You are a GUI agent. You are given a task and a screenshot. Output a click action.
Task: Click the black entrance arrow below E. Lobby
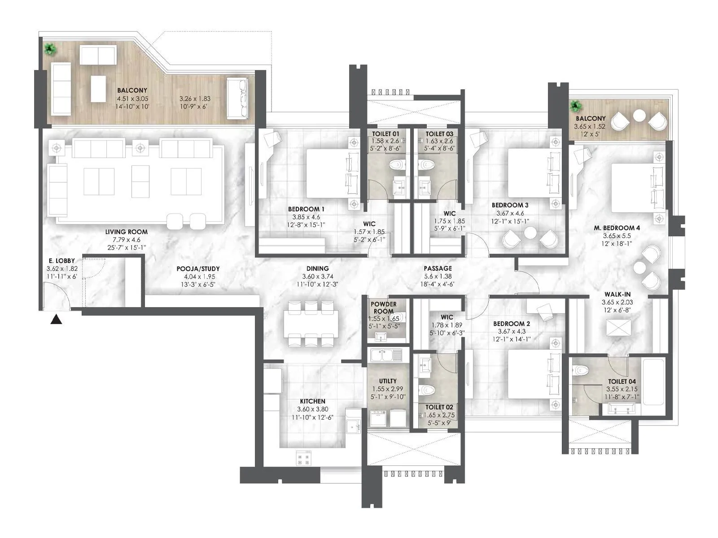56,320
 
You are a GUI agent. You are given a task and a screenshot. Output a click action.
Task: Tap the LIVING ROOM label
127,232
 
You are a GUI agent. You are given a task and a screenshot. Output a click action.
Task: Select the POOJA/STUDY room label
198,269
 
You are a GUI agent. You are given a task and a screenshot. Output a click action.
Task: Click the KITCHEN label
312,401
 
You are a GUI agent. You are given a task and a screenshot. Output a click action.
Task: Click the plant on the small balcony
575,107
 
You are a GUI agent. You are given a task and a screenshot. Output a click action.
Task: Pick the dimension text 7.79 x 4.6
127,240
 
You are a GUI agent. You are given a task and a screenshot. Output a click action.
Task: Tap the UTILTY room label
387,381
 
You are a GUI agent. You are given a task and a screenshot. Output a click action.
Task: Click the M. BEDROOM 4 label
617,228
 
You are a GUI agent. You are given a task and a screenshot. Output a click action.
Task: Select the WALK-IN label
617,295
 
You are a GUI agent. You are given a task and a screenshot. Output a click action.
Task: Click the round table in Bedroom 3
530,233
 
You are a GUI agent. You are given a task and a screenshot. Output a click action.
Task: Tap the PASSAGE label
438,269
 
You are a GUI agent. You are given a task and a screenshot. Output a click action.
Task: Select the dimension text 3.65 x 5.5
617,236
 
